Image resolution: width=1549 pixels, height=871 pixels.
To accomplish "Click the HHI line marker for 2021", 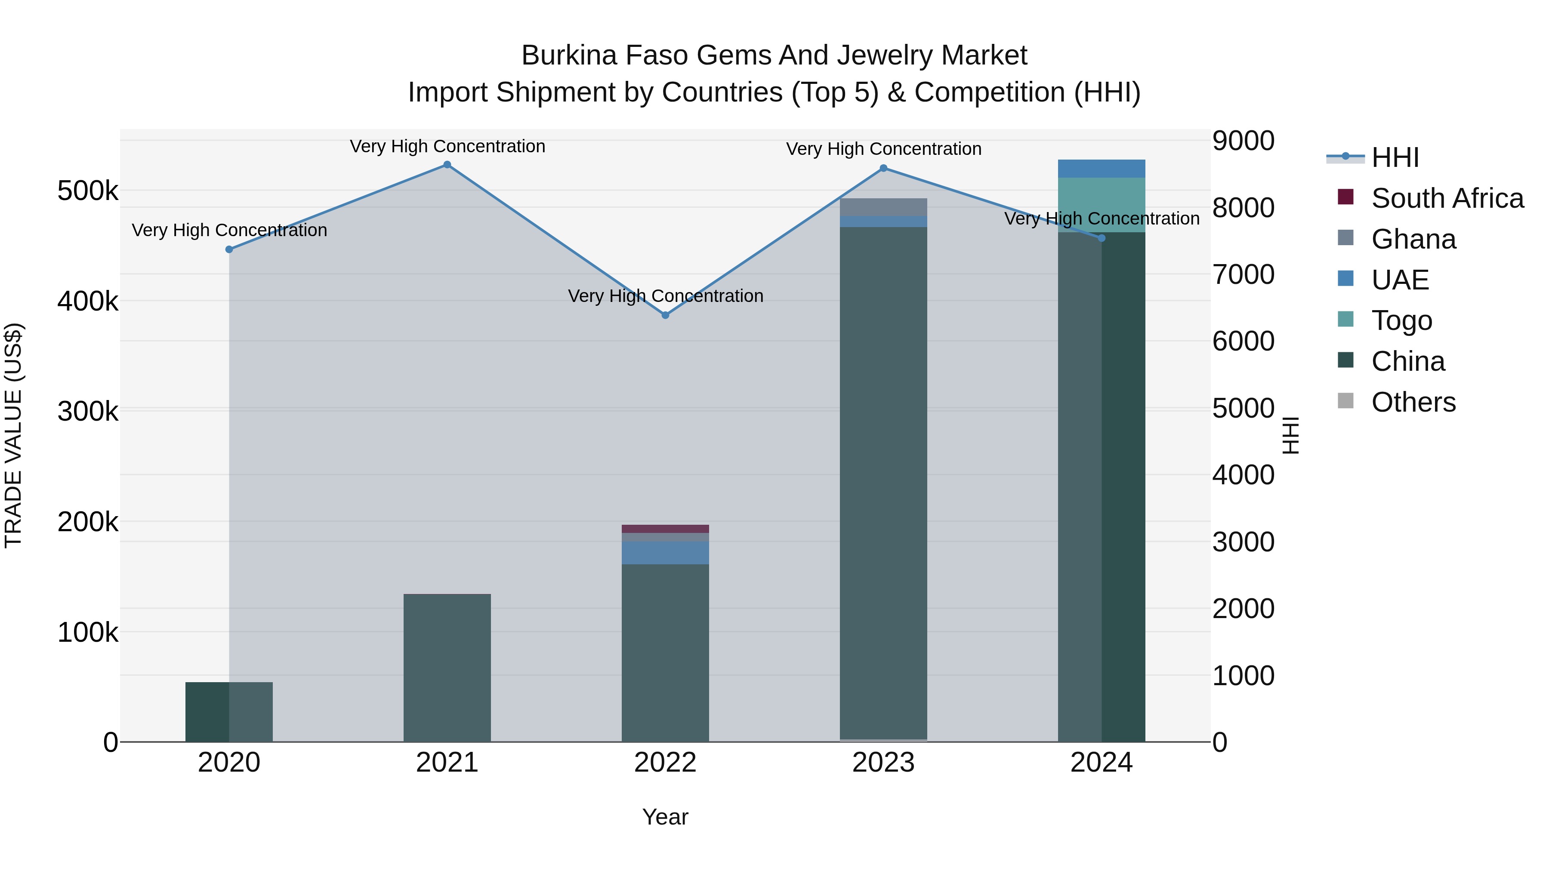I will click(447, 165).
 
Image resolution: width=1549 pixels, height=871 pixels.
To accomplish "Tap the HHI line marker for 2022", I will click(665, 315).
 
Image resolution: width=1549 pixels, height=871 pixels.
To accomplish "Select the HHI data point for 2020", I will click(229, 249).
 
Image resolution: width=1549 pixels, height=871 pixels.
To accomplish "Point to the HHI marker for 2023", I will click(883, 168).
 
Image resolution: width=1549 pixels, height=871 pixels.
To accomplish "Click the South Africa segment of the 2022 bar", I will click(665, 529).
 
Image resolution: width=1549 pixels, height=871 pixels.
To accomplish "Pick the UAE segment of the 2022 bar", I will click(665, 553).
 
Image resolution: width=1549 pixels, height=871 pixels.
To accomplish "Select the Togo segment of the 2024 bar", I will click(1101, 204).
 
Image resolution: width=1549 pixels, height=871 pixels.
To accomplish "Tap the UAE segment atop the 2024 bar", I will click(1101, 168).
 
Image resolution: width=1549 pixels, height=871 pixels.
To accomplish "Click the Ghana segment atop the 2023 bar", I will click(883, 207).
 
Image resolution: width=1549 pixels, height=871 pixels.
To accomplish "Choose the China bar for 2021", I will click(447, 667).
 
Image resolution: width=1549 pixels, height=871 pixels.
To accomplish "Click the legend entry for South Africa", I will click(1447, 198).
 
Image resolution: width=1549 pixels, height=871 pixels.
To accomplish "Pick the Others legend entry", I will click(1413, 402).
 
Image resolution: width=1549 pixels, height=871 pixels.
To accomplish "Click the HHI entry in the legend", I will click(1395, 157).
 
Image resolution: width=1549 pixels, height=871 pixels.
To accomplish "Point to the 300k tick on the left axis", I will click(88, 412).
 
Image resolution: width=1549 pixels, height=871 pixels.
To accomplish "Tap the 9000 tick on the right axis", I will click(1243, 141).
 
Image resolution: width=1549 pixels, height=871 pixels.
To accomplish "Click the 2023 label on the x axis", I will click(883, 763).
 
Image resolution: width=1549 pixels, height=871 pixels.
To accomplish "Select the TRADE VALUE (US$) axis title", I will click(13, 435).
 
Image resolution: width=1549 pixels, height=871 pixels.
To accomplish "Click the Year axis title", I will click(665, 817).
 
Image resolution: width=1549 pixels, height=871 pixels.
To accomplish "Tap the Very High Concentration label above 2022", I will click(665, 296).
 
